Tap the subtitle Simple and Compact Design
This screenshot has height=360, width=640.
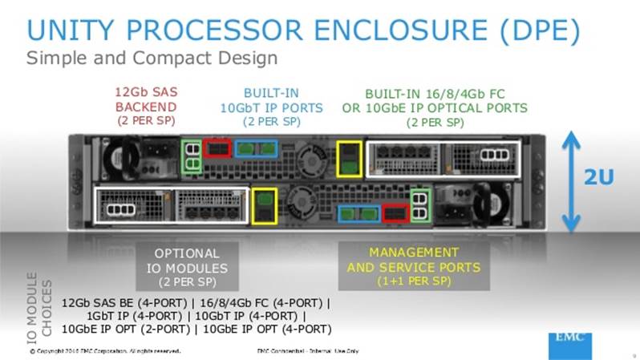click(x=152, y=59)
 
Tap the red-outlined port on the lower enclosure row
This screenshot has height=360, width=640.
click(x=395, y=212)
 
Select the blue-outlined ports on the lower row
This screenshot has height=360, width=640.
click(x=358, y=212)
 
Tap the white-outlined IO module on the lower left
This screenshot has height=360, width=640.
click(x=171, y=204)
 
